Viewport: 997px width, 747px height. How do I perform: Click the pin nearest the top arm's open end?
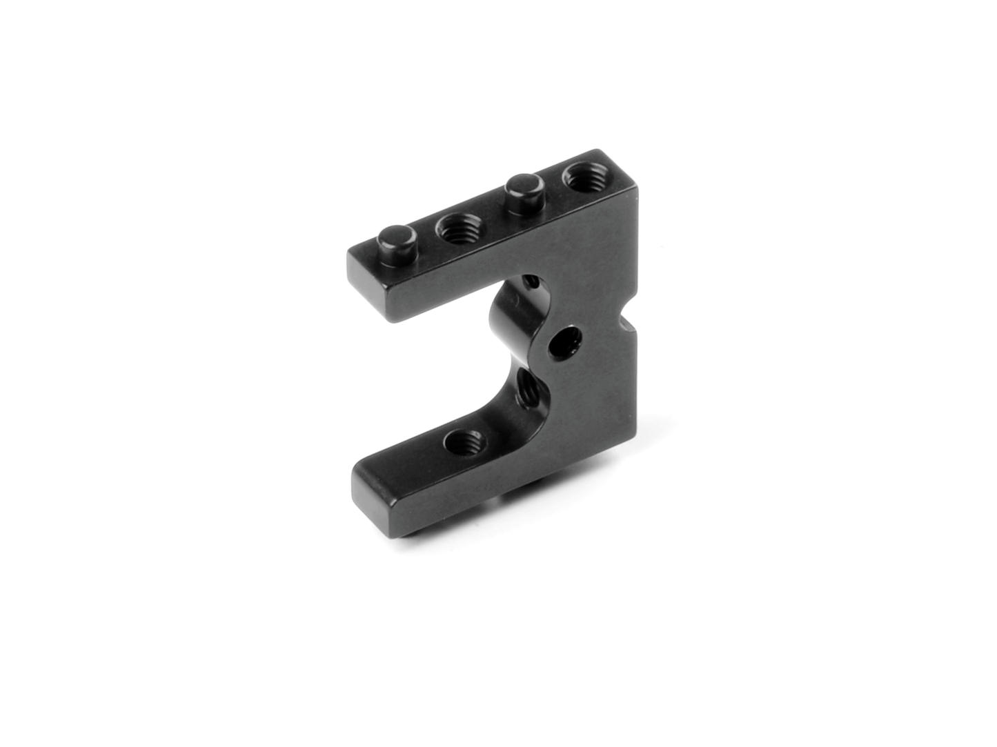pos(399,238)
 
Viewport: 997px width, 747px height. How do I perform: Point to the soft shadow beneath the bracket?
pos(483,538)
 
